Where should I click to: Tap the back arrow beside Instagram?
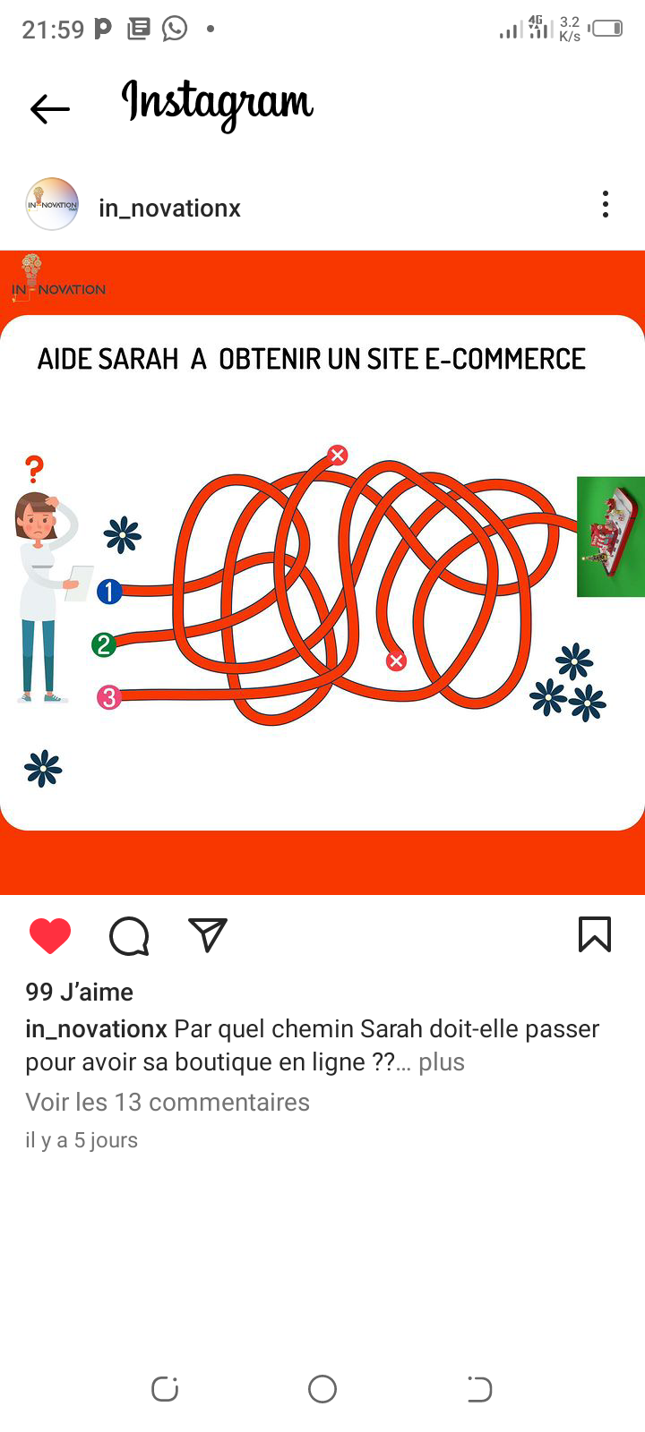coord(50,108)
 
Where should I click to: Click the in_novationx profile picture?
coord(52,204)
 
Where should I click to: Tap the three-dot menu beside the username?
coord(606,205)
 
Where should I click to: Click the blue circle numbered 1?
coord(109,592)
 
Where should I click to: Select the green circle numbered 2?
coord(104,644)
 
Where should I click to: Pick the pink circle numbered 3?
coord(108,697)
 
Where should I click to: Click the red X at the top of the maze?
coord(338,455)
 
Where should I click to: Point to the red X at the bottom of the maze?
coord(396,661)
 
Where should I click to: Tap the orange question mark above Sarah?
coord(35,469)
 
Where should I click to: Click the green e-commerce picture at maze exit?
coord(610,537)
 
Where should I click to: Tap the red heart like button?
coord(50,935)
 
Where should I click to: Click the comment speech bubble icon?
coord(129,936)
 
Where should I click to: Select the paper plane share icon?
coord(207,934)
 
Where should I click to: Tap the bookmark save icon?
coord(595,934)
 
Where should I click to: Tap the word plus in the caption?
coord(442,1061)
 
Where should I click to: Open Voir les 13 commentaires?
coord(168,1102)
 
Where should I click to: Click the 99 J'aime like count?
coord(80,992)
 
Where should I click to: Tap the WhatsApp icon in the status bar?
coord(175,29)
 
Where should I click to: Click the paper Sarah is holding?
coord(80,583)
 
